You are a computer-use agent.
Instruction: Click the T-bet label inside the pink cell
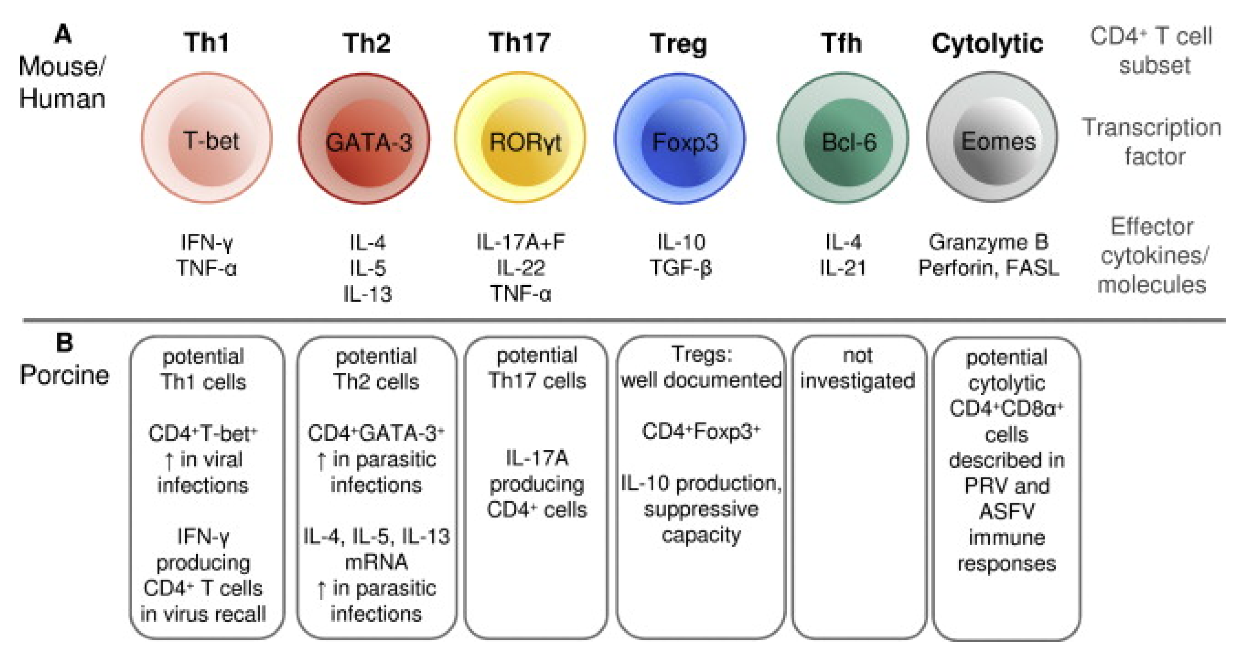point(211,141)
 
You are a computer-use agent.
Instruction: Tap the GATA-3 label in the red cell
point(369,143)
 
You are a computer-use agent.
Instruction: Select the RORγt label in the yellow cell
point(525,143)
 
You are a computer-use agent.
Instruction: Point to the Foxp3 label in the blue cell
point(685,143)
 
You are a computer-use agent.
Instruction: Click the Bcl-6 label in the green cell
point(849,143)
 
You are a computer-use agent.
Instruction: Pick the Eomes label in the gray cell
point(998,141)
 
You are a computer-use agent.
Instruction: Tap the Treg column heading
point(678,44)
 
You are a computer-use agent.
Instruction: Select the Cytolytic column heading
point(987,44)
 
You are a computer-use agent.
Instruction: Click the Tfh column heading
point(841,43)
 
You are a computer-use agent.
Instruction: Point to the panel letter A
point(63,35)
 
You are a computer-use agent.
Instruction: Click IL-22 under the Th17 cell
point(521,268)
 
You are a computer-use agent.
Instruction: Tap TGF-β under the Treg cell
point(680,268)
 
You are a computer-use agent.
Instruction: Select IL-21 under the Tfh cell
point(842,268)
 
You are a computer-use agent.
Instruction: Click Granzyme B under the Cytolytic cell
point(988,242)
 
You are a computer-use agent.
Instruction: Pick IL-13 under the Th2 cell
point(367,294)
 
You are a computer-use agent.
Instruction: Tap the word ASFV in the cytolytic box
point(1006,512)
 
